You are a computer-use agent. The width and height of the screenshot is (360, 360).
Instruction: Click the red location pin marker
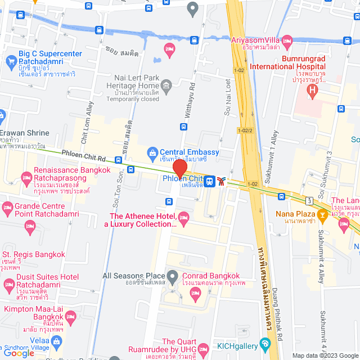pos(179,169)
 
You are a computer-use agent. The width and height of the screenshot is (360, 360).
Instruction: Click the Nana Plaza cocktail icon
pos(322,214)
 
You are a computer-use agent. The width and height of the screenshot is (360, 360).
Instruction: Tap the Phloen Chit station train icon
pos(209,181)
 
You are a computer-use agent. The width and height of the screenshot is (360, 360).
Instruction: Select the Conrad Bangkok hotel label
pos(211,276)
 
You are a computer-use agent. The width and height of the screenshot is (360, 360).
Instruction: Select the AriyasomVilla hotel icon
pos(287,40)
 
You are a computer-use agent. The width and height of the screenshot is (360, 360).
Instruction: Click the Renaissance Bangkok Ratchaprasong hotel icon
pos(26,178)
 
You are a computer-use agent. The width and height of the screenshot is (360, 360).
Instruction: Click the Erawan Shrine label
pos(25,133)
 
